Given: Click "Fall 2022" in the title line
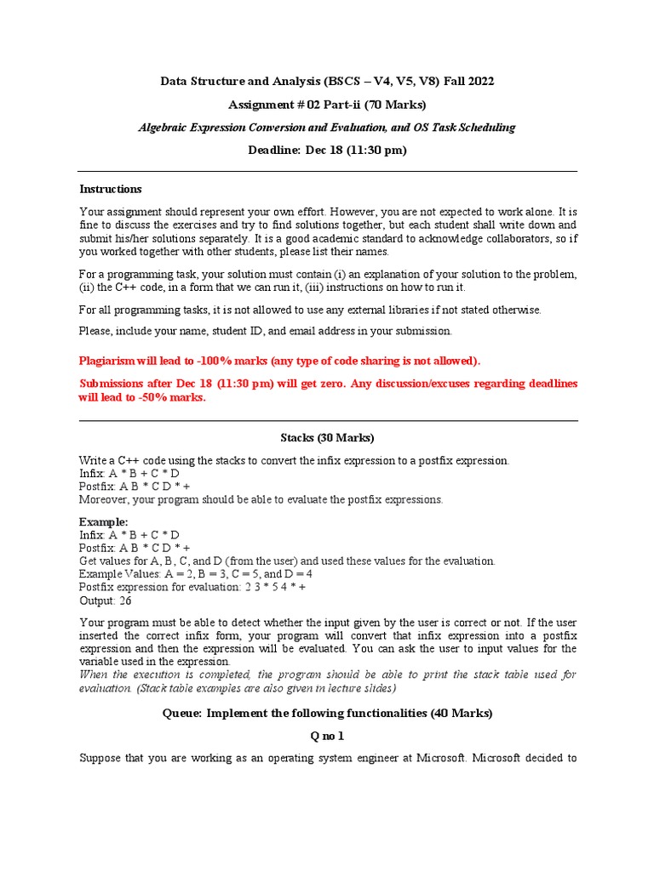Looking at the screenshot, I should [465, 82].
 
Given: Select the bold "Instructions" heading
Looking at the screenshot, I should [111, 189].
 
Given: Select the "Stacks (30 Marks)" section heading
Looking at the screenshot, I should [327, 438].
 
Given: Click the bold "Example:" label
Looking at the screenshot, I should [104, 521].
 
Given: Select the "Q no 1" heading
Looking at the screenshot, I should [327, 736].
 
